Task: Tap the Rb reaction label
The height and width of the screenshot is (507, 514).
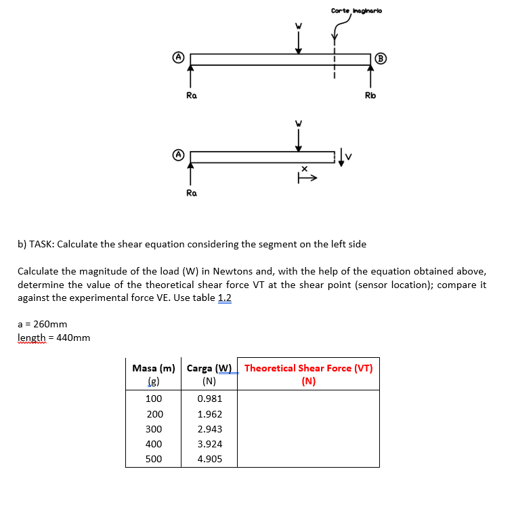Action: (370, 96)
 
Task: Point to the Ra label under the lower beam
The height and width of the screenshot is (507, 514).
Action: (192, 193)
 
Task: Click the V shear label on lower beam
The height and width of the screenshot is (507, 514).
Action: (351, 158)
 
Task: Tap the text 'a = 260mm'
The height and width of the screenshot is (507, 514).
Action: (42, 324)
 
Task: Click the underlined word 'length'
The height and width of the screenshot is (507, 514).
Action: (32, 338)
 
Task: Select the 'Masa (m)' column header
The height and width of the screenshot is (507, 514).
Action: (154, 369)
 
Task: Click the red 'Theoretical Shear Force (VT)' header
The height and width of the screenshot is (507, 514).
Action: (308, 369)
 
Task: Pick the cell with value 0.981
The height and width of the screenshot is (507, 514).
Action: (209, 399)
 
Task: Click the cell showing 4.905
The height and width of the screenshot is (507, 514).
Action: (209, 459)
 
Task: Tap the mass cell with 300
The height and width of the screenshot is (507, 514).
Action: (154, 429)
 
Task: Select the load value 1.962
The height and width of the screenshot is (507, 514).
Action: (209, 414)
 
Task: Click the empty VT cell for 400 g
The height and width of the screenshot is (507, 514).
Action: (308, 444)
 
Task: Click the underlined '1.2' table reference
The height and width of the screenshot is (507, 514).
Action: (224, 298)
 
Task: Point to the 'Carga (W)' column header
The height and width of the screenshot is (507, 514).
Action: (209, 369)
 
